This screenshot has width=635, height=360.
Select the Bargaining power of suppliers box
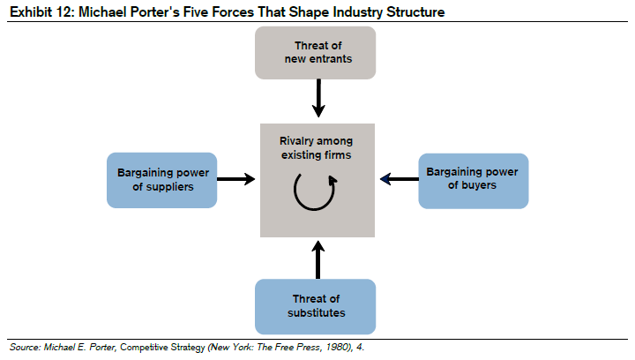pyautogui.click(x=161, y=180)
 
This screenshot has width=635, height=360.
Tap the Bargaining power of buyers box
pyautogui.click(x=474, y=180)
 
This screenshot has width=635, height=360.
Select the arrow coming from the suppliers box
pyautogui.click(x=236, y=180)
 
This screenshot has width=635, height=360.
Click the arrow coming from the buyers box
pyautogui.click(x=399, y=180)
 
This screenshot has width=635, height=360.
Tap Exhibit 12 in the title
pyautogui.click(x=39, y=11)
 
